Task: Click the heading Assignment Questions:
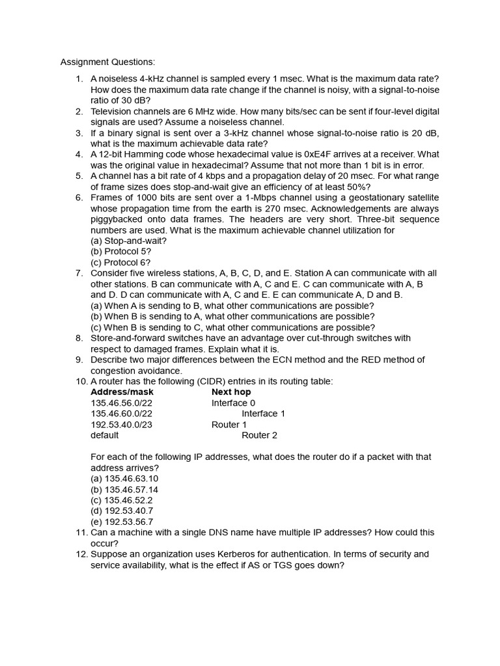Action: click(108, 62)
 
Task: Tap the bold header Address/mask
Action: click(122, 392)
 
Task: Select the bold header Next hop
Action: click(231, 392)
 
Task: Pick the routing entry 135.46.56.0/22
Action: click(122, 403)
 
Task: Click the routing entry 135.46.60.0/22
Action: click(122, 414)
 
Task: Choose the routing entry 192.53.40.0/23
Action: click(122, 425)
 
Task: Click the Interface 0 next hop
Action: click(233, 403)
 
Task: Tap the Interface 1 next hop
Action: click(264, 414)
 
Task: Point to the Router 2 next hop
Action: click(259, 435)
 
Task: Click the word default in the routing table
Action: click(105, 435)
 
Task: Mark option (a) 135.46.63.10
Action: click(124, 479)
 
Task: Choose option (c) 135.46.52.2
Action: click(122, 500)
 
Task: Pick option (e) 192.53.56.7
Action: click(122, 522)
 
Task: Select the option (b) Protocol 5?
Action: click(120, 252)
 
